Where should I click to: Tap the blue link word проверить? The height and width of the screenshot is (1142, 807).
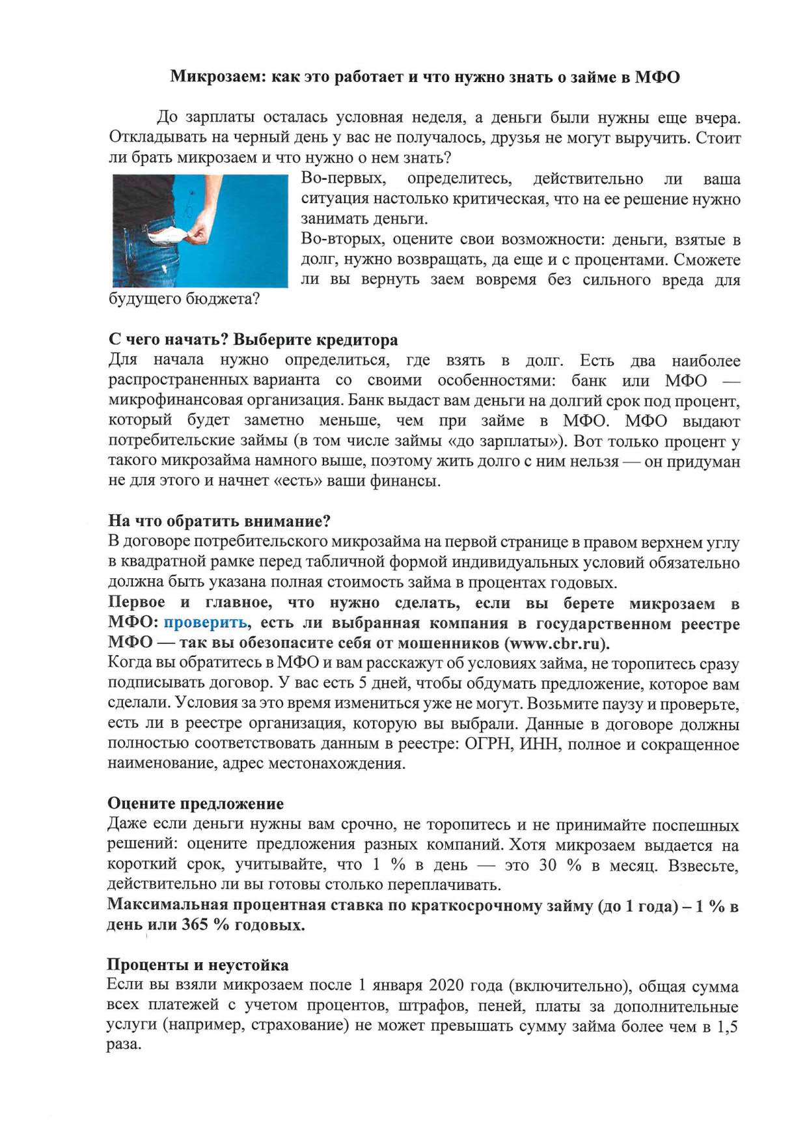click(x=205, y=622)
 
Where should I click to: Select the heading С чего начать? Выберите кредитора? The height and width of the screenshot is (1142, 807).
click(x=253, y=340)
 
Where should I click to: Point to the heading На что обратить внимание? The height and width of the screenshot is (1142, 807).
click(x=219, y=521)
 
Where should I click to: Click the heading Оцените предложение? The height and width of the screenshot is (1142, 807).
click(x=195, y=803)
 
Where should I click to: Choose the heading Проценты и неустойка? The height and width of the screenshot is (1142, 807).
click(x=198, y=964)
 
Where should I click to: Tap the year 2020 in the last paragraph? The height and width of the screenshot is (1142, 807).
click(x=447, y=985)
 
